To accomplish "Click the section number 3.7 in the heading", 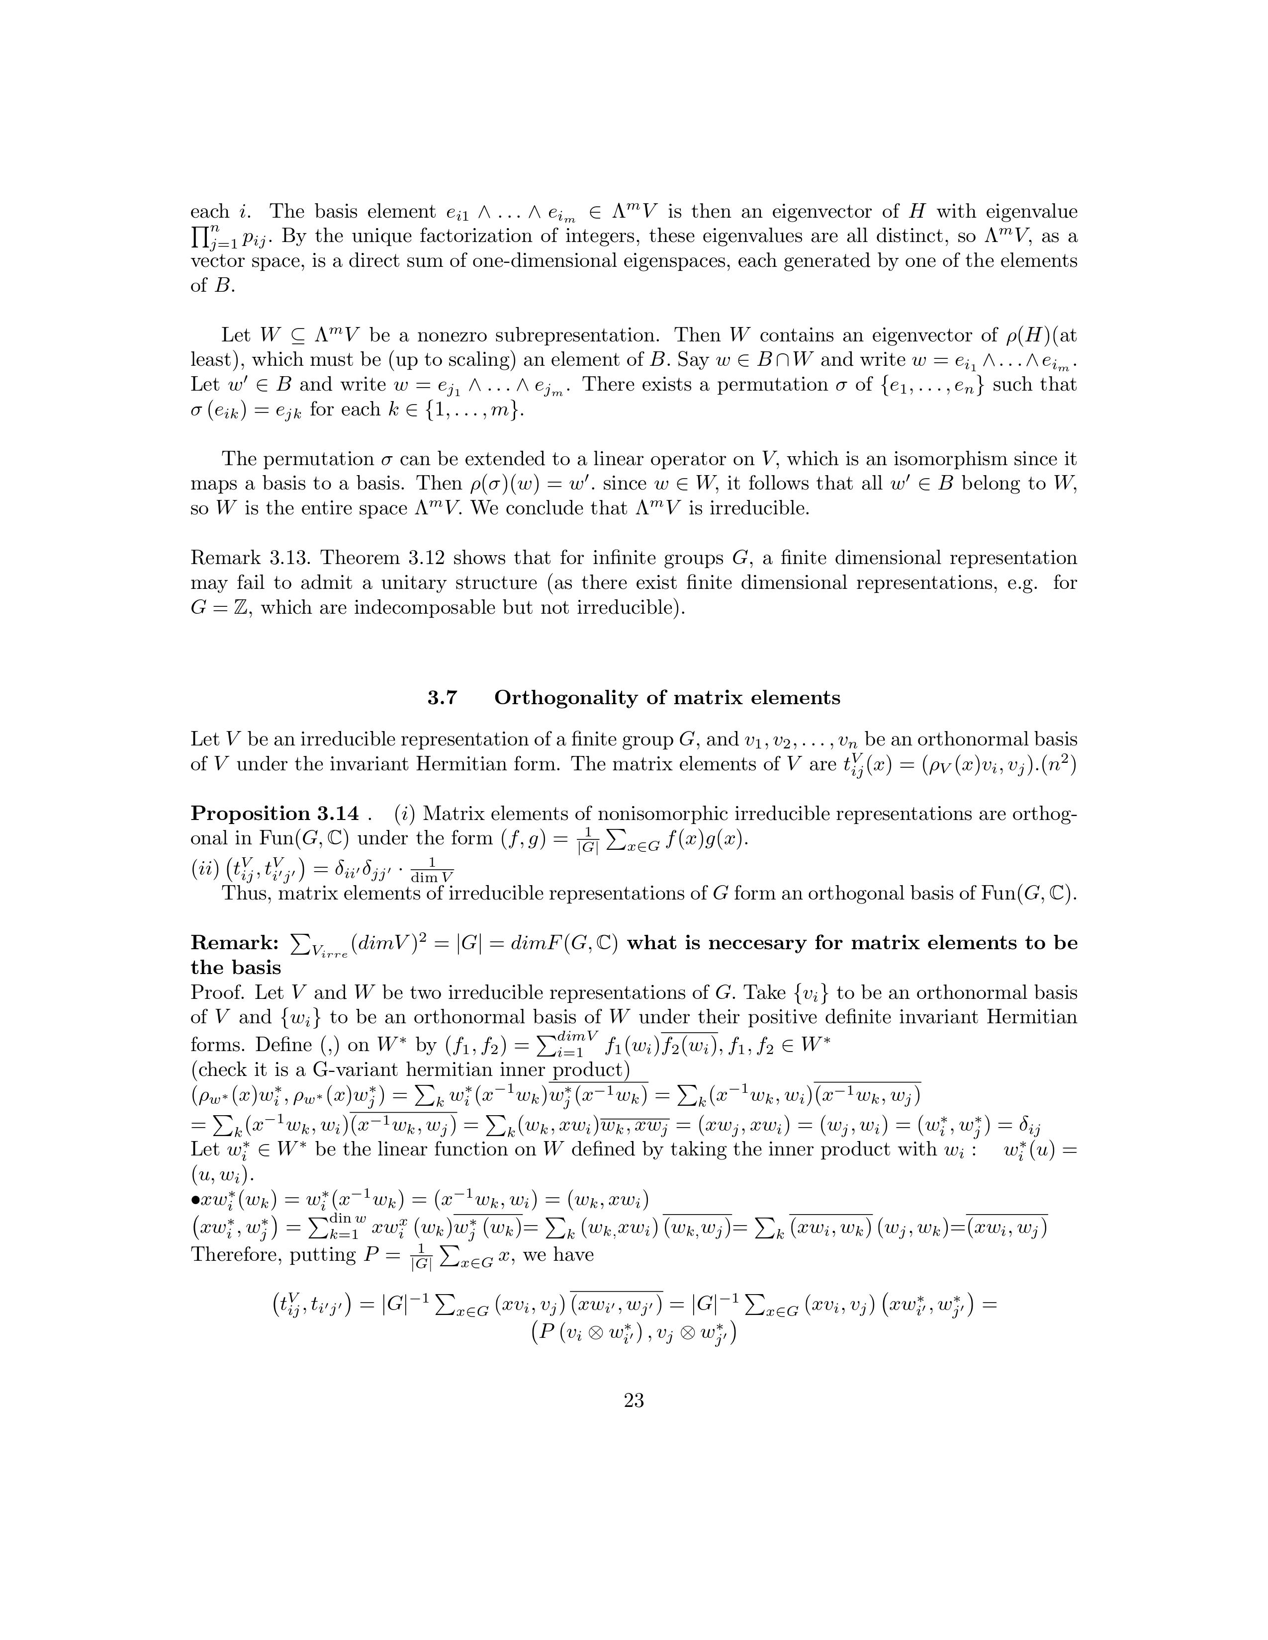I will pyautogui.click(x=443, y=698).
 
